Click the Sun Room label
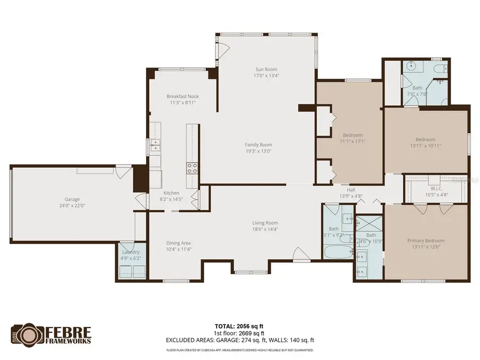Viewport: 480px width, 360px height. pyautogui.click(x=266, y=69)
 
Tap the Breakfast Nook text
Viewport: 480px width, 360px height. pyautogui.click(x=182, y=97)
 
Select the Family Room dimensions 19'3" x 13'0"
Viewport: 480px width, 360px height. pyautogui.click(x=258, y=151)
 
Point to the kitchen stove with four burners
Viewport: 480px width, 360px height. pyautogui.click(x=192, y=169)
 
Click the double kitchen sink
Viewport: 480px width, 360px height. pyautogui.click(x=155, y=146)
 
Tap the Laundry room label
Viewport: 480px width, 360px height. pyautogui.click(x=131, y=252)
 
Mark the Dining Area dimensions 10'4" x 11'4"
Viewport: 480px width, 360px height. pyautogui.click(x=179, y=249)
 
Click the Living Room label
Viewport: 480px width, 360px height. pyautogui.click(x=265, y=223)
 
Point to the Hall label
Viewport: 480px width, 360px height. pyautogui.click(x=351, y=189)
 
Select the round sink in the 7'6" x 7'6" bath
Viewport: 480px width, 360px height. pyautogui.click(x=410, y=67)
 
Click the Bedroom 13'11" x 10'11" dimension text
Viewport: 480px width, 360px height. pyautogui.click(x=426, y=146)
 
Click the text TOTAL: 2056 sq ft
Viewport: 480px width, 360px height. pyautogui.click(x=239, y=325)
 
